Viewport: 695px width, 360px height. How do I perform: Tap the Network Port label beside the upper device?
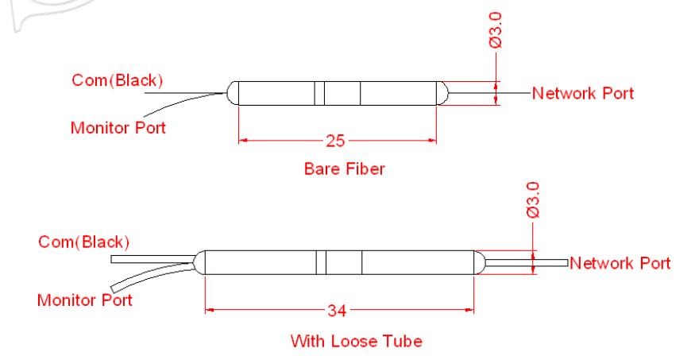pyautogui.click(x=583, y=93)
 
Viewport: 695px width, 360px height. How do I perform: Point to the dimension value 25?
pyautogui.click(x=338, y=141)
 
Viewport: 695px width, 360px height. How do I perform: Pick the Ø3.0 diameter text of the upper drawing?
pyautogui.click(x=496, y=30)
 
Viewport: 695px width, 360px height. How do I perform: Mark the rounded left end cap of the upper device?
pyautogui.click(x=233, y=94)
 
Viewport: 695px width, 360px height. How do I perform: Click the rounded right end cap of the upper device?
pyautogui.click(x=442, y=94)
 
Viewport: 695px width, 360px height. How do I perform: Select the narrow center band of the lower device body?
pyautogui.click(x=322, y=262)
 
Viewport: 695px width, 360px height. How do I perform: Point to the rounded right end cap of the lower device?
pyautogui.click(x=480, y=262)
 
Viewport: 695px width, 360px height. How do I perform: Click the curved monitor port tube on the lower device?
pyautogui.click(x=151, y=279)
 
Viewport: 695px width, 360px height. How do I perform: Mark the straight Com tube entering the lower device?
pyautogui.click(x=151, y=259)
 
